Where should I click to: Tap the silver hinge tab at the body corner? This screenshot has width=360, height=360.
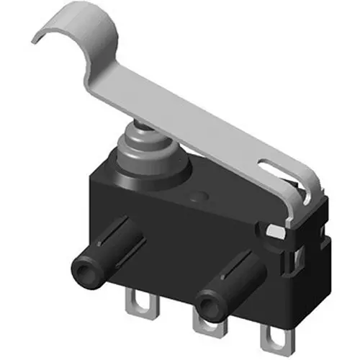pos(275,231)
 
